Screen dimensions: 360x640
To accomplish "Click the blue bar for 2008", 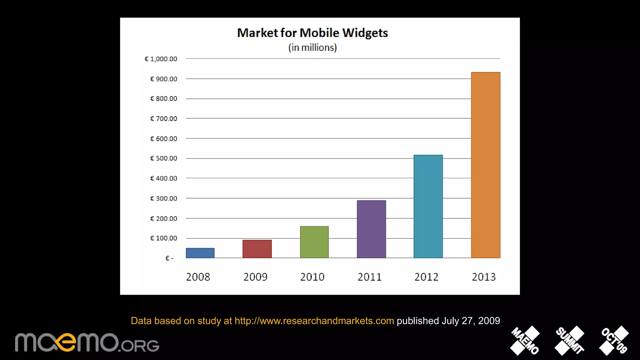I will (x=200, y=253).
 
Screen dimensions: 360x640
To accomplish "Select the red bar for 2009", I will (x=257, y=249).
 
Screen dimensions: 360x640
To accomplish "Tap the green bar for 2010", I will (x=314, y=242).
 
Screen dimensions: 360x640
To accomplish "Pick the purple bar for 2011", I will (x=371, y=229).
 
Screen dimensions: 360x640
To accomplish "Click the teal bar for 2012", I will (x=428, y=206).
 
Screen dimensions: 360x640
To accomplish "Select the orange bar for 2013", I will (x=485, y=165).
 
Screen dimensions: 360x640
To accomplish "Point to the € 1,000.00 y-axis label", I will (x=161, y=59).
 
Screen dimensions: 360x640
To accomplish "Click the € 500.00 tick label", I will (x=163, y=158).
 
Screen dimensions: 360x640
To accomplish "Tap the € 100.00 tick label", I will (x=163, y=238).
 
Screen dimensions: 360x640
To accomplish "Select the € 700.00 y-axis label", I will (x=163, y=119).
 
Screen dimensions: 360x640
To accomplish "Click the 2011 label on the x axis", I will (x=369, y=277).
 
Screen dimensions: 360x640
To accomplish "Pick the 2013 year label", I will (x=483, y=277).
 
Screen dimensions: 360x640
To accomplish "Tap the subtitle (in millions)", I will (x=312, y=47).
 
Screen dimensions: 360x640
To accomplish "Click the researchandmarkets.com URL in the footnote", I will (x=314, y=321).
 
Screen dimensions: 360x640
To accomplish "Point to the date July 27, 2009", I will (x=471, y=321).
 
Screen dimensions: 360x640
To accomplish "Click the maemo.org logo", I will (x=87, y=343).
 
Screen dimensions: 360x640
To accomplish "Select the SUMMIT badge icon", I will (x=569, y=341).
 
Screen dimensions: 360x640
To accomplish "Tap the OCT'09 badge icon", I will (x=614, y=341).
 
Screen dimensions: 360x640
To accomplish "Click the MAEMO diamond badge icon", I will (x=525, y=341).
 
